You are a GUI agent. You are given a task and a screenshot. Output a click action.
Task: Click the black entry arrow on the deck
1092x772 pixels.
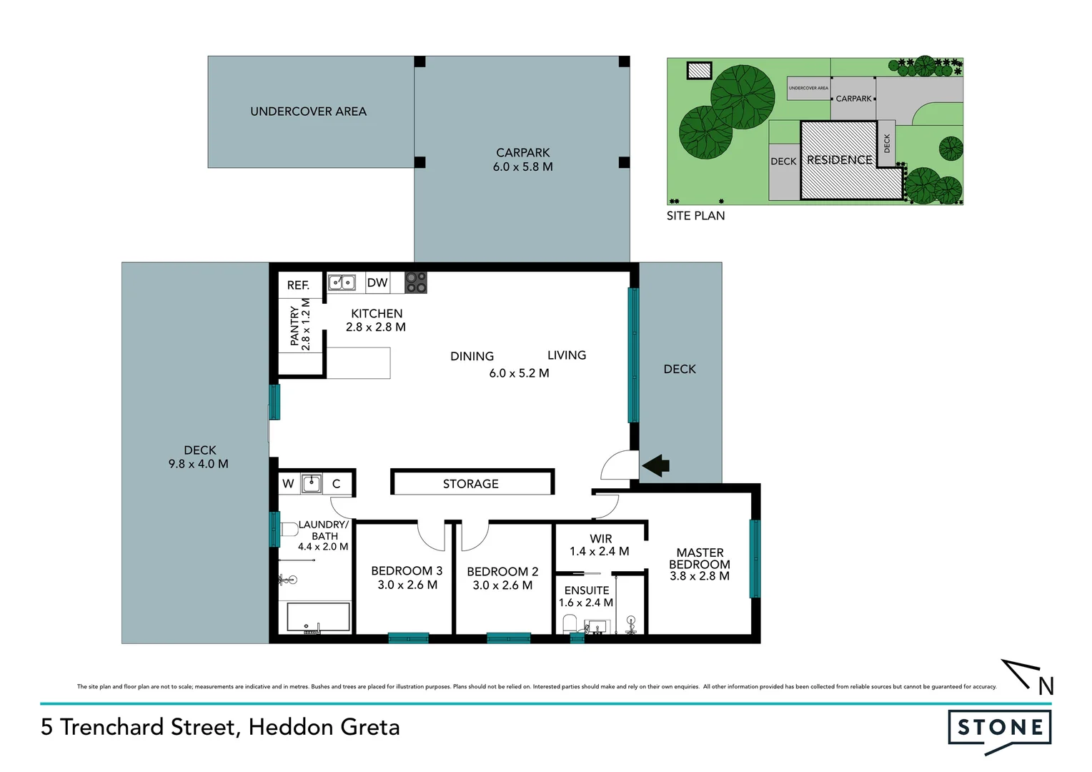coord(656,466)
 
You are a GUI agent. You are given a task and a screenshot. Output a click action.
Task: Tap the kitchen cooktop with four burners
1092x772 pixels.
coord(416,282)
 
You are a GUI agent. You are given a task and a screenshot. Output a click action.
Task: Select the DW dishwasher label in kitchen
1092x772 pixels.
coord(377,282)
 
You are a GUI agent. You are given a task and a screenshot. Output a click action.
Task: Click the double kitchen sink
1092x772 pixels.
coord(342,282)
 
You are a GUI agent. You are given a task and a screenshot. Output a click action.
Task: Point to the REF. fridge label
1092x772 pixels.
coord(298,285)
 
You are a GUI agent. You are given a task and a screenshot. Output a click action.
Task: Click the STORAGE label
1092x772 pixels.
coord(470,484)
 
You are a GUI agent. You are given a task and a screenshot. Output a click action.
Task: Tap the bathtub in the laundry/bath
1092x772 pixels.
coord(318,617)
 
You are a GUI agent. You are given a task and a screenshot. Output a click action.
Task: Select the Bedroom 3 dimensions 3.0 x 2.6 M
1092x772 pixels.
coord(407,585)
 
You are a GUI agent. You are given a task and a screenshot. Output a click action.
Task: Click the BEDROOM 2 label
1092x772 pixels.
coord(502,572)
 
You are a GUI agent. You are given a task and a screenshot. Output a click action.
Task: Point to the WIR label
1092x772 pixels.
coord(600,539)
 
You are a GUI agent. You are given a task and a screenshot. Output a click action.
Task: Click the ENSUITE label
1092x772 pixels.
coord(587,590)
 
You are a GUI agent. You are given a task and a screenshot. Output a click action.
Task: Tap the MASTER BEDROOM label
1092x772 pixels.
coord(700,558)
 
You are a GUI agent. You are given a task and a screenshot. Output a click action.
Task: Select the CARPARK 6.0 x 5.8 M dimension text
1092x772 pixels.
coord(522,167)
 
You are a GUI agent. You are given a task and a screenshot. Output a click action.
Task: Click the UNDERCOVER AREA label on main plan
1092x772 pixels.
coord(308,112)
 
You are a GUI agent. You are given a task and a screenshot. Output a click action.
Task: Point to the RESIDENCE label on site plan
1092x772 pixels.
coord(839,160)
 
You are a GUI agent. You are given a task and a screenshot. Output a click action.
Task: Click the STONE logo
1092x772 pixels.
coord(999,728)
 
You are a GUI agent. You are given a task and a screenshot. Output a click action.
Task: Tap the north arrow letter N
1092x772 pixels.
coord(1046,686)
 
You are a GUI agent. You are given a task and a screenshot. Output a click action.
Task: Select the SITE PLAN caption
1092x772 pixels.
coord(695,216)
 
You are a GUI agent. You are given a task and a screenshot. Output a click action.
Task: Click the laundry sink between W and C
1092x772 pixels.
coord(312,484)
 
